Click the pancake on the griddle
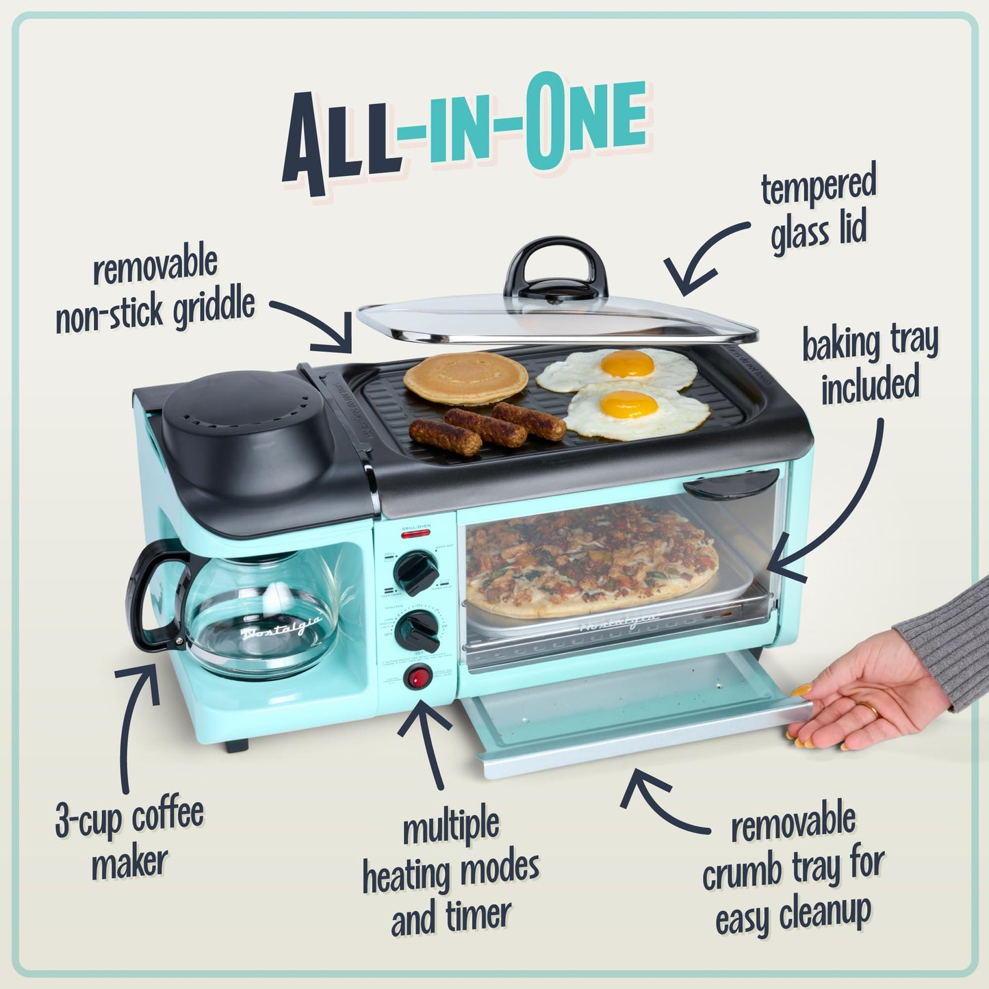coord(465,378)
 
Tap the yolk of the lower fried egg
coord(628,405)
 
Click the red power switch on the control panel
coord(417,679)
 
